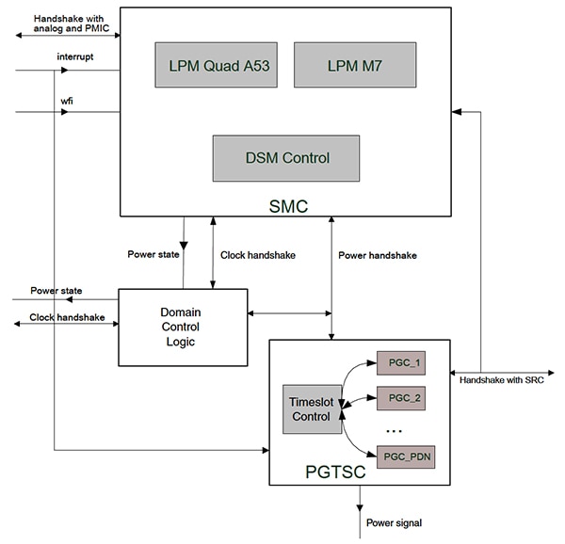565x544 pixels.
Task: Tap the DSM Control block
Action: [285, 158]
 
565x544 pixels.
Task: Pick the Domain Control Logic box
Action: [182, 327]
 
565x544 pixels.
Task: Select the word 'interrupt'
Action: [75, 56]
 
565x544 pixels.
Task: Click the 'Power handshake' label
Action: [377, 254]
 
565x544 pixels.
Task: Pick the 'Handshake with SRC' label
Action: [500, 380]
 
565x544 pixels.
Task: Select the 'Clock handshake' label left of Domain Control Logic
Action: [68, 317]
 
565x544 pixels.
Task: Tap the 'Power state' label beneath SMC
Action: [155, 254]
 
